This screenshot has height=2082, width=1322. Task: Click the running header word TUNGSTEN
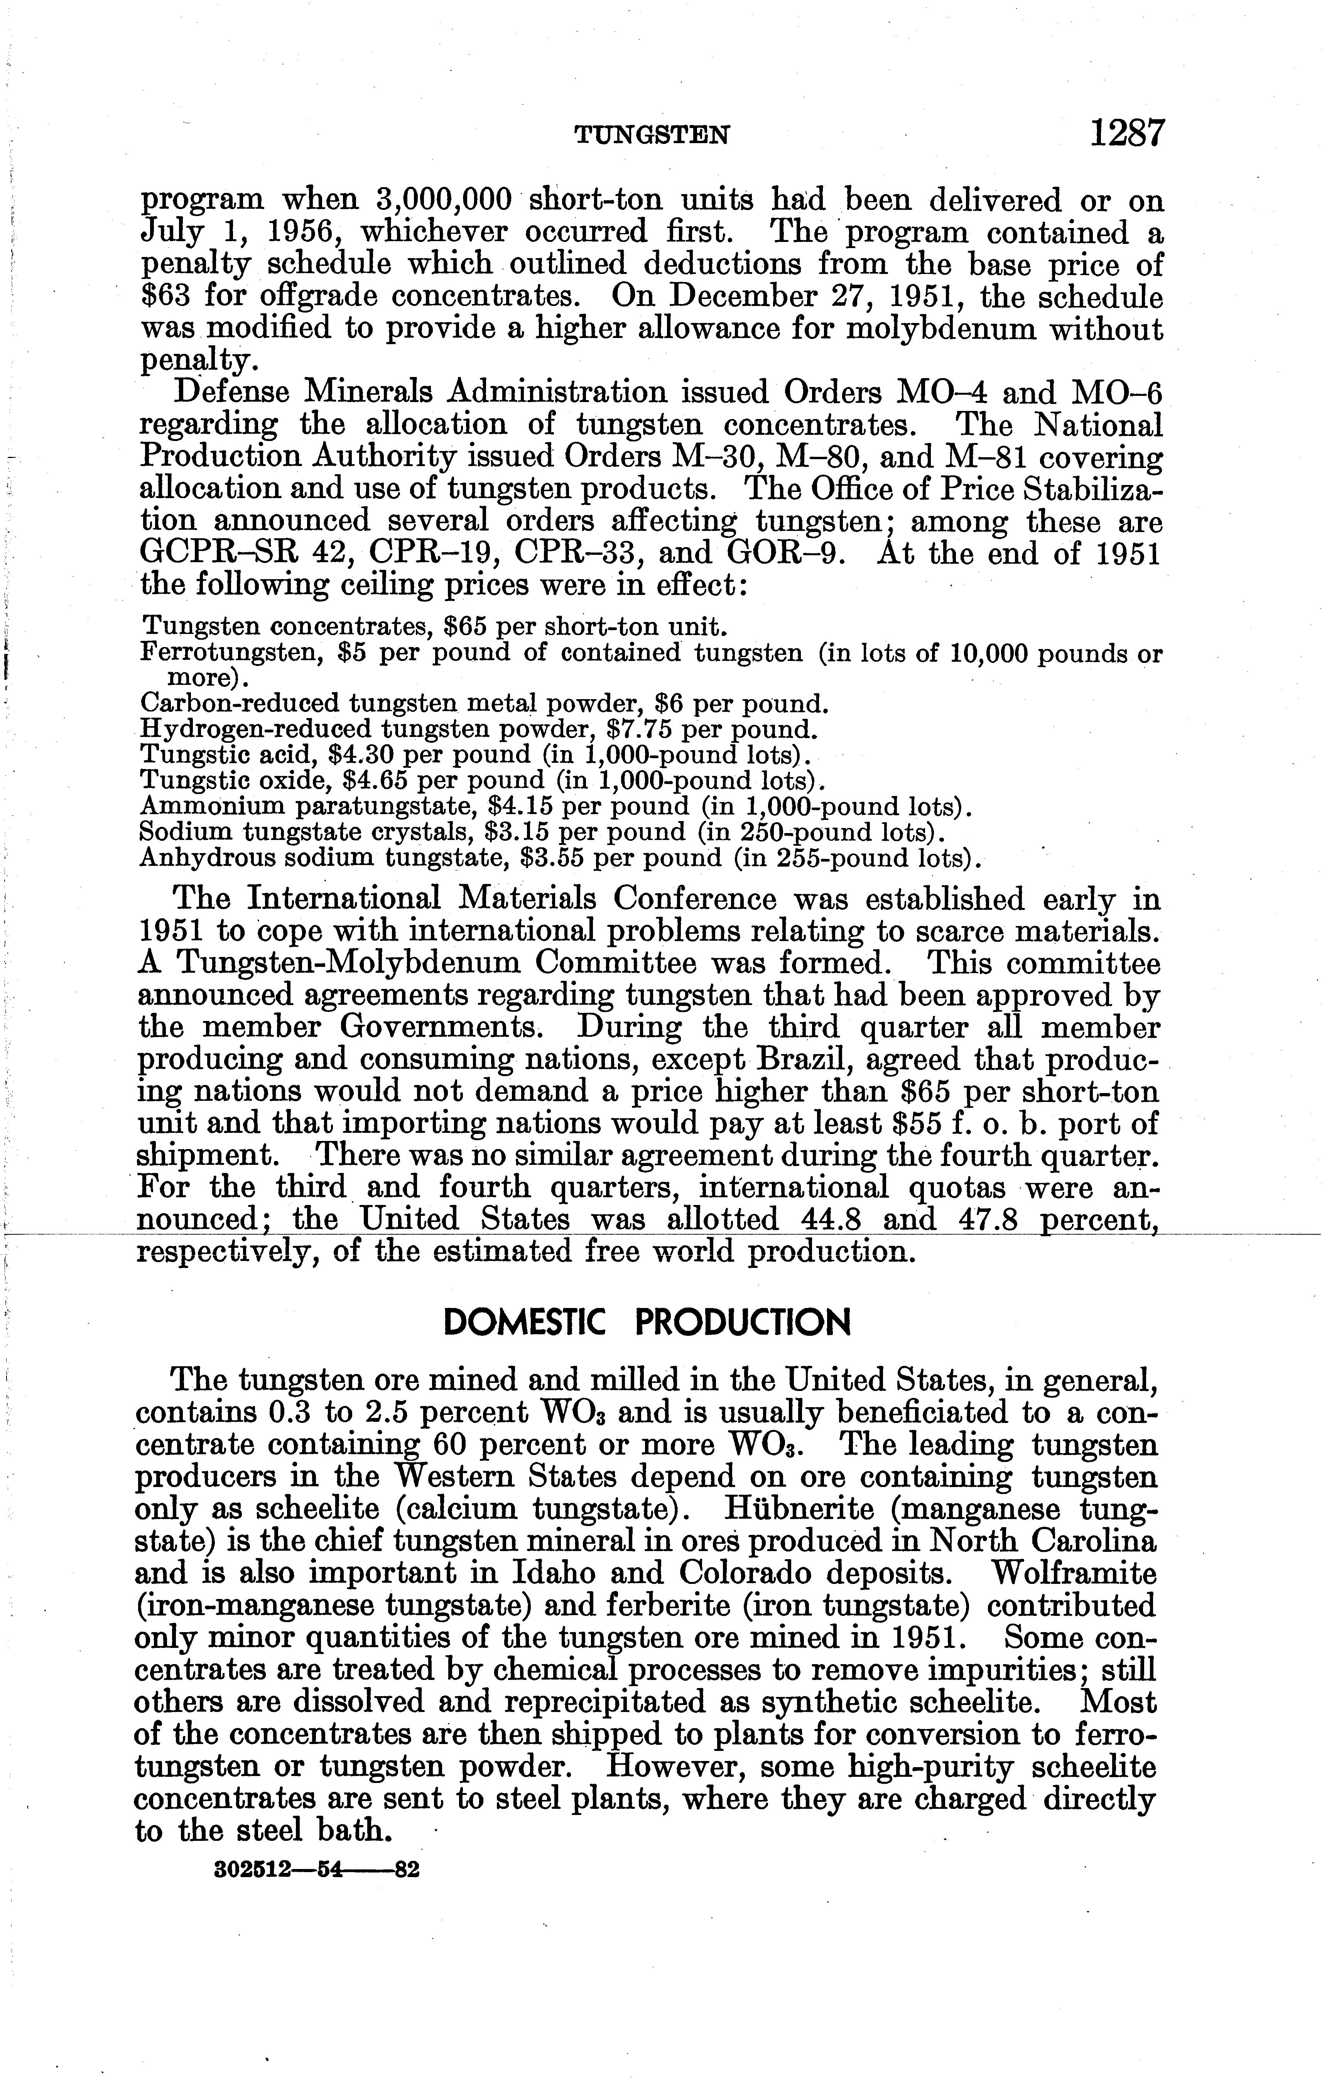point(653,136)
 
